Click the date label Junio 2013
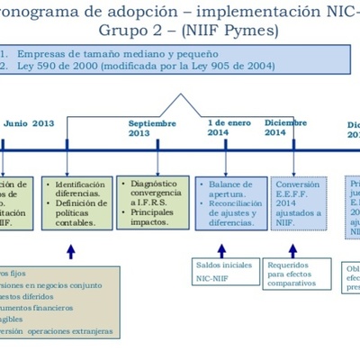pos(29,124)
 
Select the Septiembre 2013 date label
pos(152,128)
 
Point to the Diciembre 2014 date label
pos(287,127)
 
